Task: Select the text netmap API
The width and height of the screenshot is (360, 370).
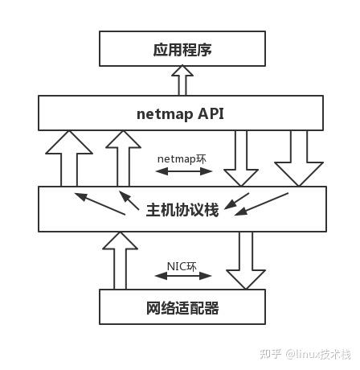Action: (180, 113)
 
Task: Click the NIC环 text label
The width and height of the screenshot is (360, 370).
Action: (182, 265)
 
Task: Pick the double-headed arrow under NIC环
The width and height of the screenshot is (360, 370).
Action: (183, 277)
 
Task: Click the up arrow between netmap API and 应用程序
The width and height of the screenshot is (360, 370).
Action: (183, 81)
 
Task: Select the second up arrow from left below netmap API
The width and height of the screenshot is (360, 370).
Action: (123, 158)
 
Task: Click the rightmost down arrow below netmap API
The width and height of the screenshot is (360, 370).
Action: (297, 158)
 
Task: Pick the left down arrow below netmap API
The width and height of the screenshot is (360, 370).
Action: (240, 158)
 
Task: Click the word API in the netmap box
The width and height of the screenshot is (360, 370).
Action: (208, 113)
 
